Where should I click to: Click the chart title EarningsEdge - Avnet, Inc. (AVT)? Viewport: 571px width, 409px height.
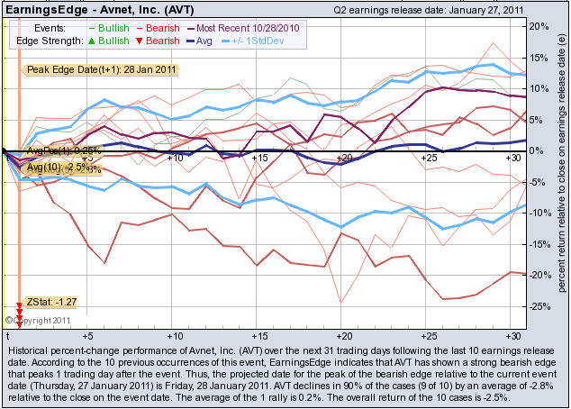pos(82,8)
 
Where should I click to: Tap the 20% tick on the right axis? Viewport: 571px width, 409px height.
pos(539,26)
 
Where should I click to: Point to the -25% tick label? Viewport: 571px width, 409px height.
pos(539,306)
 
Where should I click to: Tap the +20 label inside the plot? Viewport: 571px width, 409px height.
pos(342,158)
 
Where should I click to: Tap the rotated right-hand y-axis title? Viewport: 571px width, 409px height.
pos(560,171)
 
